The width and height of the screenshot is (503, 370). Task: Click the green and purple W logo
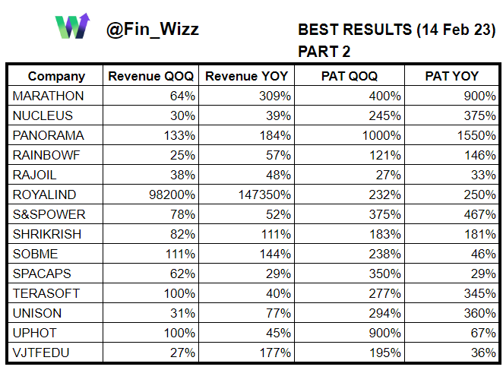[x=72, y=27]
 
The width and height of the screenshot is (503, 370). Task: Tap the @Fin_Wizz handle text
[x=153, y=30]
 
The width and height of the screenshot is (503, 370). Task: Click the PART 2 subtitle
[x=324, y=52]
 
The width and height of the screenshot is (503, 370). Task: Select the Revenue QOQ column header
[x=150, y=76]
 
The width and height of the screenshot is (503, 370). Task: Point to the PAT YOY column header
[x=451, y=76]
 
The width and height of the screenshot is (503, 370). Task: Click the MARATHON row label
[x=48, y=96]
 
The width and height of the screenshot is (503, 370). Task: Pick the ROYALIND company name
[x=44, y=194]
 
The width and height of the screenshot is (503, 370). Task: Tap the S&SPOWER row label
[x=49, y=214]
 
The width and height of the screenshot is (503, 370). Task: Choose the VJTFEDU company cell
[x=41, y=353]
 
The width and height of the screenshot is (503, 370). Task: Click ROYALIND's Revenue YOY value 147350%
[x=264, y=194]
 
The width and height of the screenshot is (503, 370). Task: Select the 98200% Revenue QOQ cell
[x=172, y=194]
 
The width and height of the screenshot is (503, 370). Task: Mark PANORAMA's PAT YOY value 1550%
[x=476, y=135]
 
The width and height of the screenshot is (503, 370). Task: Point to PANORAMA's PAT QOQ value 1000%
[x=381, y=135]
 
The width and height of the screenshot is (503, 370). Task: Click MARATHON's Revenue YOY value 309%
[x=275, y=96]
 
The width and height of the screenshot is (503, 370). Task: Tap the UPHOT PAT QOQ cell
[x=385, y=333]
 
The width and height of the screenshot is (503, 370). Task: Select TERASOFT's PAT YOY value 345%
[x=480, y=293]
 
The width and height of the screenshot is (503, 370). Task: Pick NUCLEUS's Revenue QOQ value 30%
[x=182, y=115]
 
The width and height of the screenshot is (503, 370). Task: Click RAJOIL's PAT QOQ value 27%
[x=388, y=175]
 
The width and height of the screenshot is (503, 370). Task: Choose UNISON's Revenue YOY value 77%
[x=278, y=313]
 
